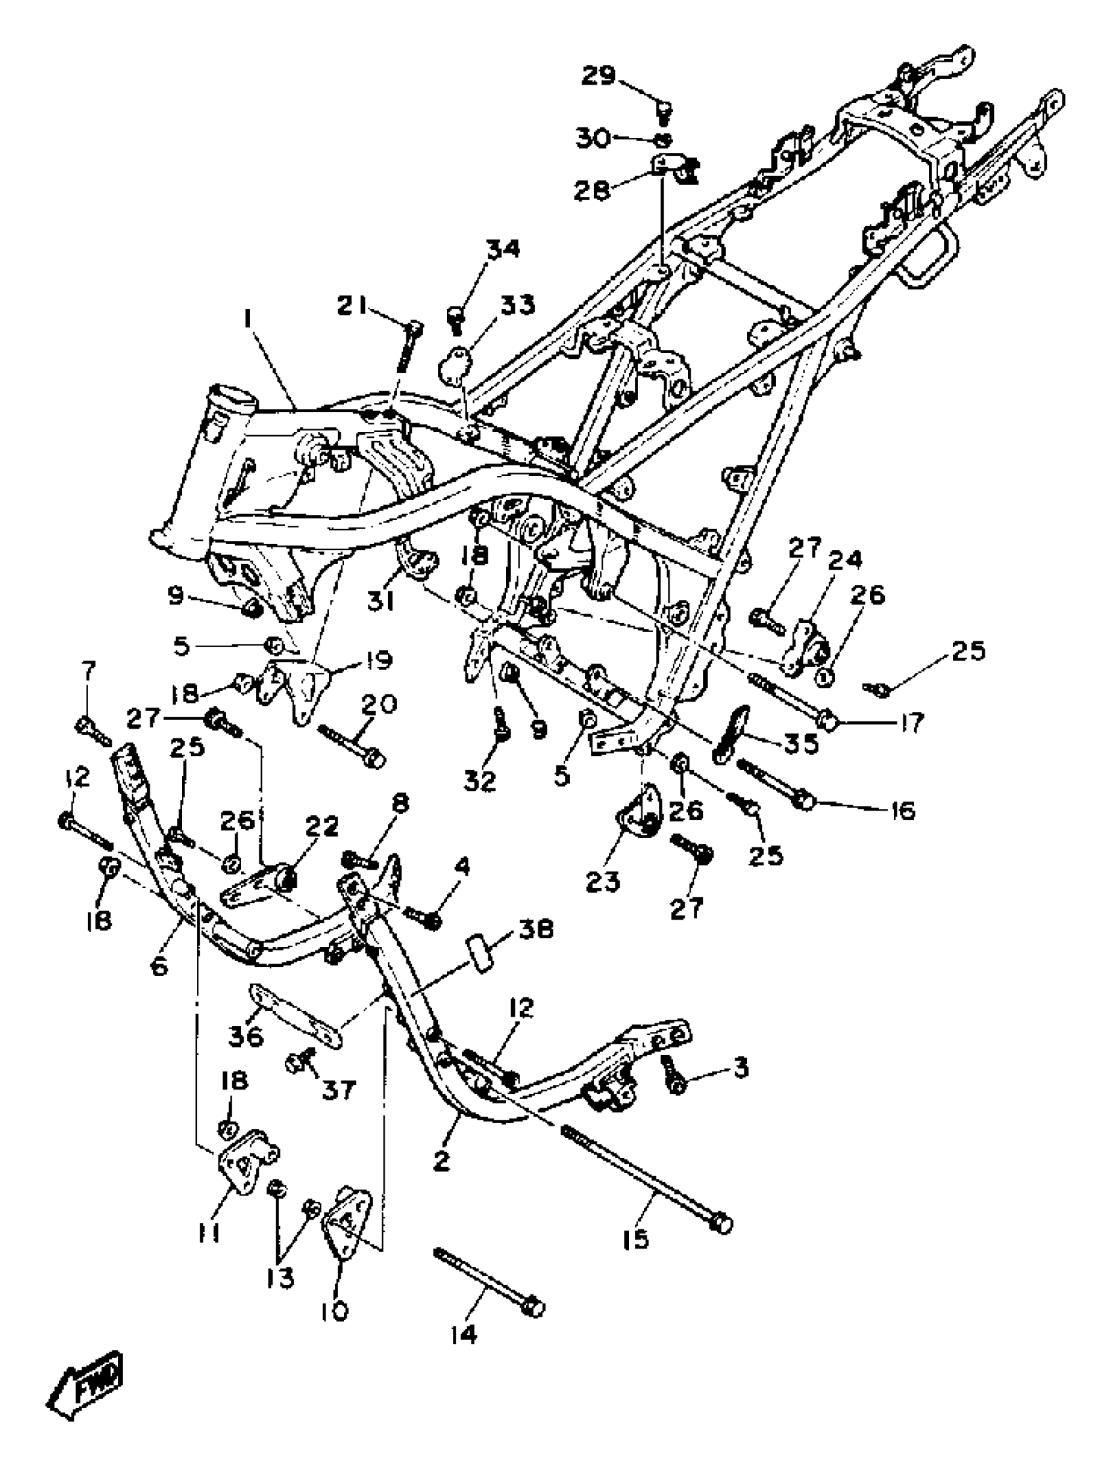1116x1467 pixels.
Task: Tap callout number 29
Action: pos(599,76)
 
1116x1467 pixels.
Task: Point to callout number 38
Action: pos(536,929)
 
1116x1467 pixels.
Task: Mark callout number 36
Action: pos(246,1035)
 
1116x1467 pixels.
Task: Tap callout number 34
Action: pos(503,249)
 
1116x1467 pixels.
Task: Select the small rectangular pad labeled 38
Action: pos(483,954)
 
